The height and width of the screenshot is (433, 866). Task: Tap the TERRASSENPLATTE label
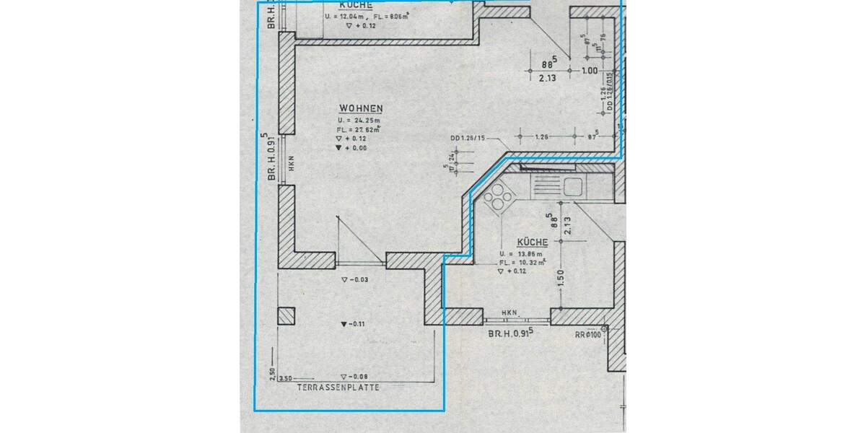coord(338,388)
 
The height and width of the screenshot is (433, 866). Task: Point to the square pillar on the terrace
coord(287,316)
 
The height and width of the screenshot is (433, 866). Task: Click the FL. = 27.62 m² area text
coord(359,128)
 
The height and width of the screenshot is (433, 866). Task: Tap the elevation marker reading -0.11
coord(354,324)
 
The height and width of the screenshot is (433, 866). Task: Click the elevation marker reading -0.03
coord(354,279)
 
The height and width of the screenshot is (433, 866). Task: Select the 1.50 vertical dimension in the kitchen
coord(560,278)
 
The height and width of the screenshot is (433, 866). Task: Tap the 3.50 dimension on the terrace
coord(284,377)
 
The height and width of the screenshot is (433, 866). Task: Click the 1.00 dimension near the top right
coord(590,71)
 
